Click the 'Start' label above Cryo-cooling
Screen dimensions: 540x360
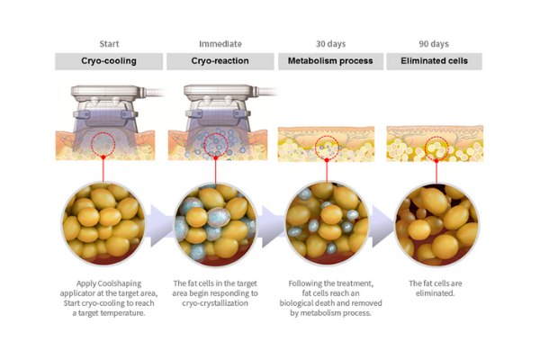[x=109, y=44]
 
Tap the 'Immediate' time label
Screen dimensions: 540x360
[x=220, y=44]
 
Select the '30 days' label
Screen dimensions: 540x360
[x=330, y=44]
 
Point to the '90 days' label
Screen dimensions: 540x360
[x=434, y=44]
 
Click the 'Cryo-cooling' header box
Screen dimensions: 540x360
[x=109, y=61]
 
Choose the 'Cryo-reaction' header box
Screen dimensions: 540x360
[x=220, y=61]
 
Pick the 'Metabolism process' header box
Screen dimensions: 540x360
[x=330, y=61]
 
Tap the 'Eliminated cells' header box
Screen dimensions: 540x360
[x=434, y=61]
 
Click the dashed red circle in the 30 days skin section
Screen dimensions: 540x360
[x=327, y=137]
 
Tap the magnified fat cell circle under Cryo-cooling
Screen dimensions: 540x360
[x=103, y=223]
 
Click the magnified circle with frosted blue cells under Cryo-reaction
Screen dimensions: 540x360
[x=216, y=224]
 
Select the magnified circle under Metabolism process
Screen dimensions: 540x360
[x=327, y=224]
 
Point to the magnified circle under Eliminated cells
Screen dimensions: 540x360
[x=436, y=225]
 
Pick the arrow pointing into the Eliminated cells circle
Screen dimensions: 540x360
[x=382, y=226]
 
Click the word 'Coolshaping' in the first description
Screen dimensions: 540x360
[x=120, y=283]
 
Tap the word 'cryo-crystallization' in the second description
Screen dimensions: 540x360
[x=215, y=303]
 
